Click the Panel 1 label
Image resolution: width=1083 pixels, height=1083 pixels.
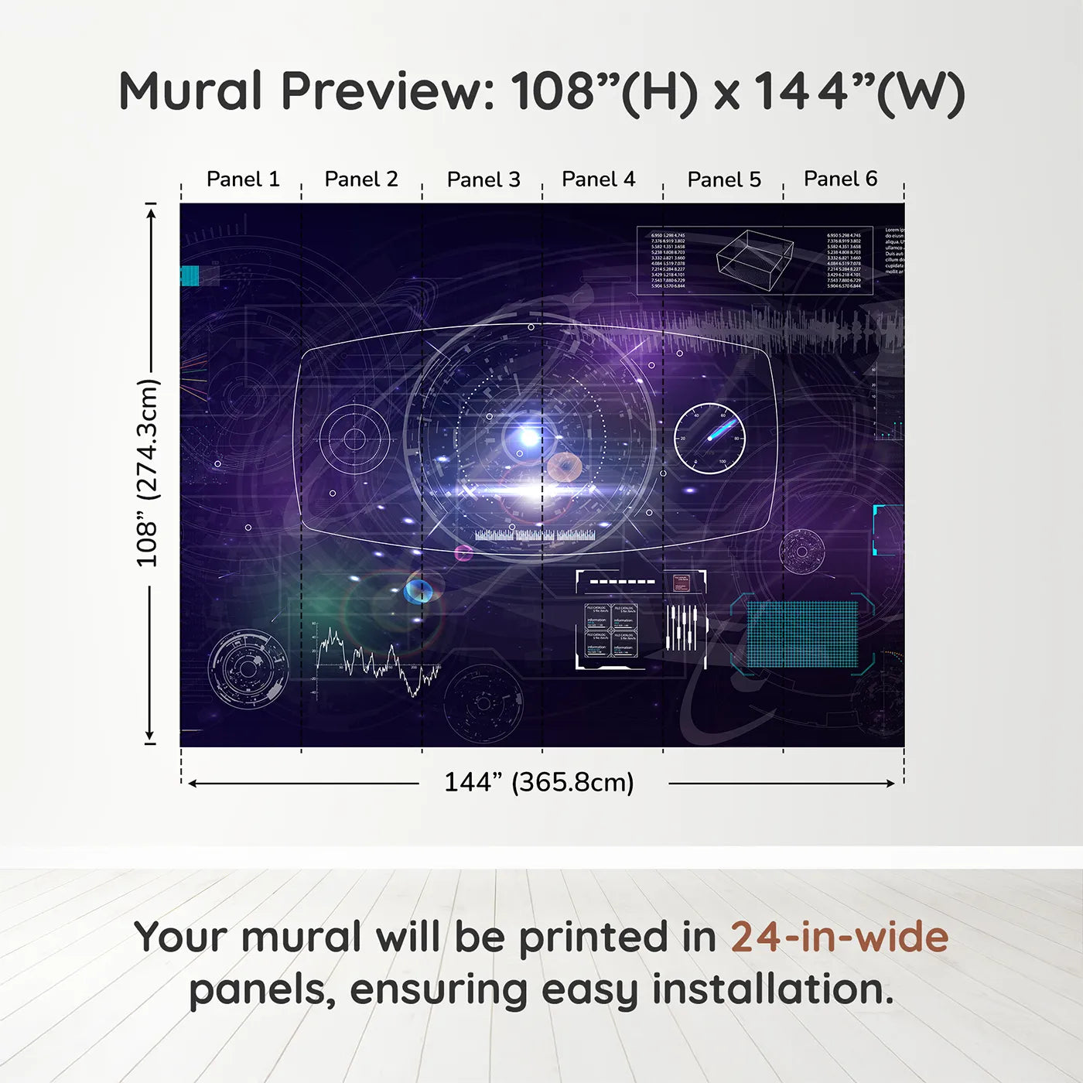click(x=243, y=179)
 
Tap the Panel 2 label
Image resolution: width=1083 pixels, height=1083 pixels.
click(x=361, y=179)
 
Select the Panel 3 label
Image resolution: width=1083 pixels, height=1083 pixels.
click(x=483, y=179)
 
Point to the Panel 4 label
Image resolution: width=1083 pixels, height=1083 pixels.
click(x=599, y=179)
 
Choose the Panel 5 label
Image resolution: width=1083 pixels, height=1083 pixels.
click(x=724, y=179)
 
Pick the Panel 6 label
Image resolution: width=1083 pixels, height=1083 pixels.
click(x=840, y=179)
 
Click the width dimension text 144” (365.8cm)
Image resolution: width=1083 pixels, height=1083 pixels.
click(x=538, y=782)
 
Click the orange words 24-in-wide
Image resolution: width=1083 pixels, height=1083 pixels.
click(x=839, y=937)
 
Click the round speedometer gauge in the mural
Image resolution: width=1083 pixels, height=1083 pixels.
click(x=709, y=439)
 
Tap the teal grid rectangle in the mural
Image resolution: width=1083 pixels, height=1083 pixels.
click(x=802, y=634)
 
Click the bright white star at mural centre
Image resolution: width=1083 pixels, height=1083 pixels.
click(x=529, y=438)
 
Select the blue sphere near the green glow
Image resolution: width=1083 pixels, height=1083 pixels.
click(x=418, y=591)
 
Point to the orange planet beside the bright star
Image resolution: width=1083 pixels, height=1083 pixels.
click(x=564, y=466)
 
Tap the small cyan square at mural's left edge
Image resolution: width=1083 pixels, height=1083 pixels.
click(x=190, y=275)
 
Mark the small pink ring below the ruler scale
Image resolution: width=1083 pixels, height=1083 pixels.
click(x=463, y=552)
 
